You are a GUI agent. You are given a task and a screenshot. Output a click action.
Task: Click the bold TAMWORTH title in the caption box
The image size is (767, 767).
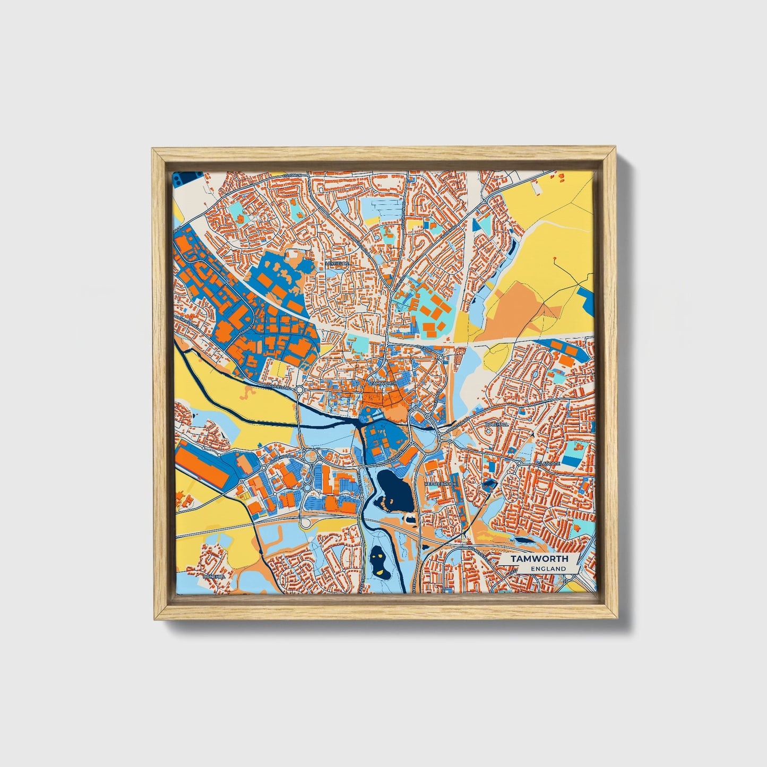pos(539,559)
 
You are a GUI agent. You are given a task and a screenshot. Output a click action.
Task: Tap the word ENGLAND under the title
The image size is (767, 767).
pos(547,568)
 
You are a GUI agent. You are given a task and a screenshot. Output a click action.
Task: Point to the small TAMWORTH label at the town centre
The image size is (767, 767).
pos(381,383)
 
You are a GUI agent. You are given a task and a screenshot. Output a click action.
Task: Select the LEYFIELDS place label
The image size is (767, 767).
pos(338,263)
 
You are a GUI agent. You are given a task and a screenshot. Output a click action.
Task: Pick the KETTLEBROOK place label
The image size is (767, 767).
pos(440,484)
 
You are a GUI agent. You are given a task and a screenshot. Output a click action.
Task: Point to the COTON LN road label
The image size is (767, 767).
pos(292,176)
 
